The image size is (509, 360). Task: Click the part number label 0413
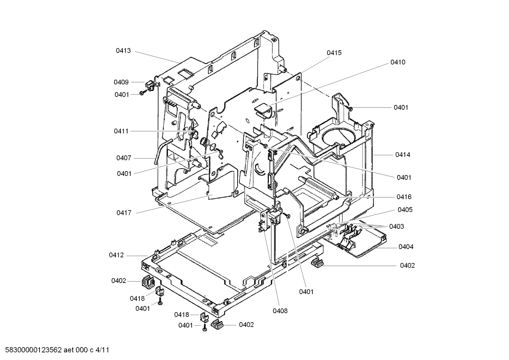click(123, 51)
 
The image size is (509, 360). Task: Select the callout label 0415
click(334, 53)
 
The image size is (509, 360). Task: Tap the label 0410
click(397, 62)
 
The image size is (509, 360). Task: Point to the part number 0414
click(402, 155)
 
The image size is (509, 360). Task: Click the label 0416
click(404, 197)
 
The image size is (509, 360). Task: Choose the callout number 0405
click(405, 210)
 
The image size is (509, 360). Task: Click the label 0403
click(396, 226)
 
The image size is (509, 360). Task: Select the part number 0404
click(406, 247)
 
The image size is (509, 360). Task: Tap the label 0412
click(116, 255)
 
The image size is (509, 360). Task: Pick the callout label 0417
click(124, 213)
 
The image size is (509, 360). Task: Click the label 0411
click(121, 131)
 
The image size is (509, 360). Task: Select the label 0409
click(121, 82)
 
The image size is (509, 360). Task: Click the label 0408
click(280, 311)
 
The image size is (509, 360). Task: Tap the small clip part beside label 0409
click(150, 85)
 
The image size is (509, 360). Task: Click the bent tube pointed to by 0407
click(159, 150)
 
